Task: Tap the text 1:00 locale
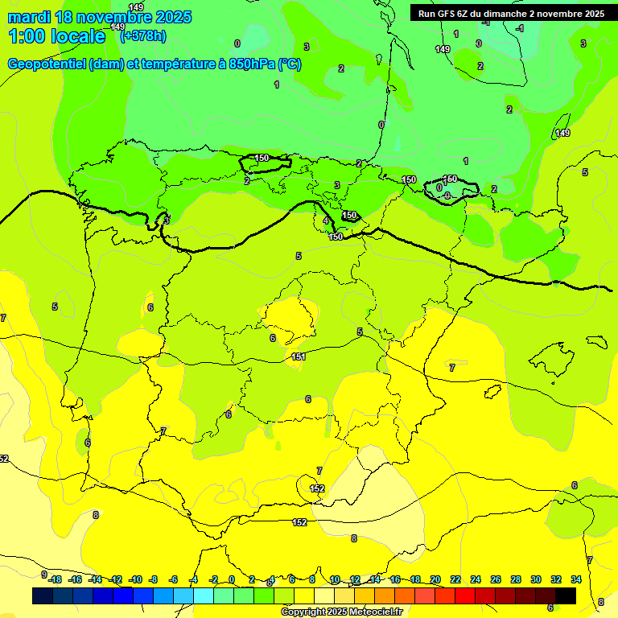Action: (56, 36)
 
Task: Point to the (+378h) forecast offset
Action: (143, 35)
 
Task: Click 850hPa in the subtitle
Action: (252, 64)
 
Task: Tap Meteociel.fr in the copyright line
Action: (371, 612)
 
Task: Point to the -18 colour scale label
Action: (55, 579)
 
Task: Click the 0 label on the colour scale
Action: (232, 579)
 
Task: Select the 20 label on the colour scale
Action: (435, 579)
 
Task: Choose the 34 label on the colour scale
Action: (576, 579)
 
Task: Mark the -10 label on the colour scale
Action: (135, 579)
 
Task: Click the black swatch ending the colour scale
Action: (566, 595)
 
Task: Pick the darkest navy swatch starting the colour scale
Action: (43, 595)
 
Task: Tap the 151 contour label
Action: (298, 356)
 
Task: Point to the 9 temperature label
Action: (44, 575)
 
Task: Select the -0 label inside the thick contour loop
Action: (447, 196)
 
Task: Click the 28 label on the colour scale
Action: (516, 579)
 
